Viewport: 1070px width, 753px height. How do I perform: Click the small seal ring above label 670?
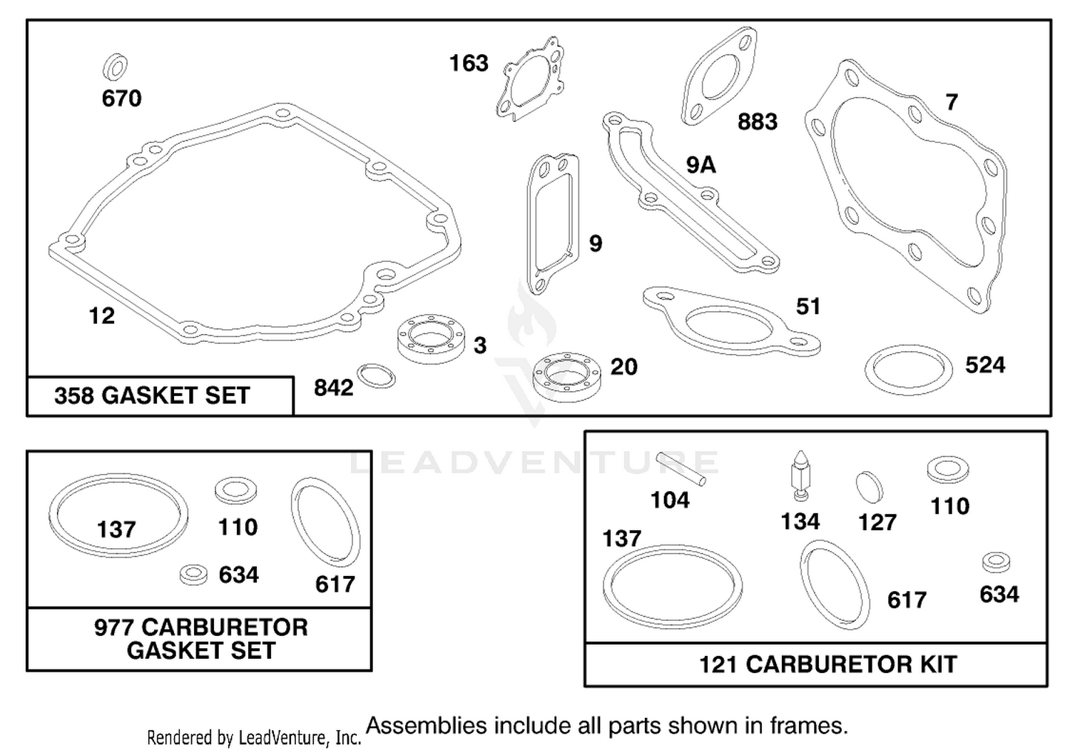tap(115, 67)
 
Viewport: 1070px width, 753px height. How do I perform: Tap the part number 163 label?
tap(469, 63)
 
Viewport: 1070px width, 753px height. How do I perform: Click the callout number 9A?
tap(700, 165)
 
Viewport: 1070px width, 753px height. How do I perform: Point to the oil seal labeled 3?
tap(431, 340)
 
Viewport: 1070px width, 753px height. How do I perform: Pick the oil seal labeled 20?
tap(567, 377)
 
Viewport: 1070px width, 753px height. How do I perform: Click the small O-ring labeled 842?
tap(377, 375)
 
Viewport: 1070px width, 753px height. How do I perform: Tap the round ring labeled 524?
tap(908, 370)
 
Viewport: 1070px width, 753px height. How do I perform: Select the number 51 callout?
tap(808, 306)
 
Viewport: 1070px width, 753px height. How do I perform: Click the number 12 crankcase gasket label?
tap(102, 316)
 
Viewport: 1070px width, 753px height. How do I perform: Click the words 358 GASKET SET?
tap(152, 396)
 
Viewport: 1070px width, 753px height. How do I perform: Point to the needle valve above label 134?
tap(801, 475)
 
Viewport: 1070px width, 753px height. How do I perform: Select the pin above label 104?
tap(681, 469)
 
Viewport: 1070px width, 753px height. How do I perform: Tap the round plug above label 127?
tap(870, 487)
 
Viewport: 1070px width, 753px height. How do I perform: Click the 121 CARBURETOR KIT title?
tap(827, 664)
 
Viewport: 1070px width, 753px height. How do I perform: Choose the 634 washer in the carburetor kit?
tap(997, 562)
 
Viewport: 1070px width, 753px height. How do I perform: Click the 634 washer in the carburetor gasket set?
tap(193, 575)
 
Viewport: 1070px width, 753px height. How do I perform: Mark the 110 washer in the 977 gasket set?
tap(235, 490)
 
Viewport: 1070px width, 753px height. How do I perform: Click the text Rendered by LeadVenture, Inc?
tap(254, 738)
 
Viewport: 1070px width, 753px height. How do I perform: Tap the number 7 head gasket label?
tap(952, 102)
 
